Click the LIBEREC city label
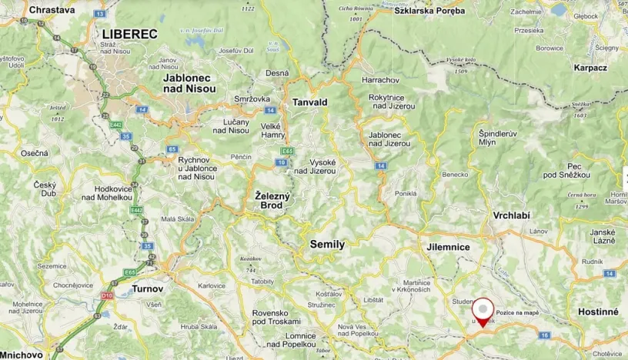129,34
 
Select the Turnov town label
147,288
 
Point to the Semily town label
327,244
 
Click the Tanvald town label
310,102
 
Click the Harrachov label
381,80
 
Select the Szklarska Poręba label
429,11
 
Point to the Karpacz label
590,68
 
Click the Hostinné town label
598,312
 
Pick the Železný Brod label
273,201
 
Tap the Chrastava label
52,10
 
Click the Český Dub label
45,190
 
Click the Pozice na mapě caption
517,312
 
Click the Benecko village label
456,175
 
